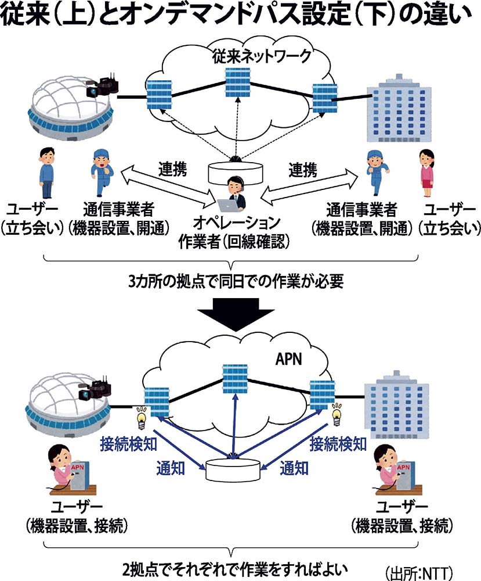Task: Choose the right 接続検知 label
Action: click(x=338, y=444)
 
